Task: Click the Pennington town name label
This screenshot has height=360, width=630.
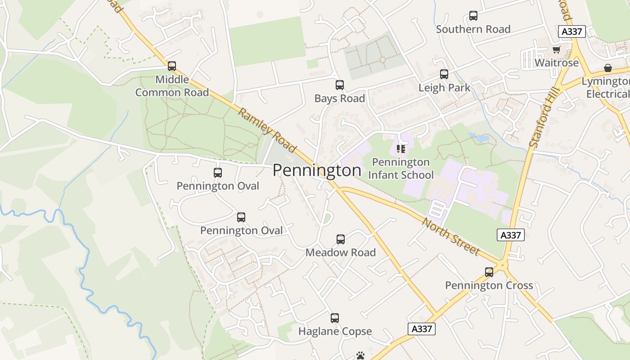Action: tap(317, 170)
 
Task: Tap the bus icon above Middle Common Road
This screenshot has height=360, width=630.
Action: tap(172, 66)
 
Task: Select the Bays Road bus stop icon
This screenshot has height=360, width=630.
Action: tap(340, 85)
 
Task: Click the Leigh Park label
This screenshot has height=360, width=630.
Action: tap(444, 88)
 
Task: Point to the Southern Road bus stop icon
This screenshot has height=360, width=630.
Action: tap(473, 16)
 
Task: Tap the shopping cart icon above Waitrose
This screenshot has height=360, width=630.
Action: tap(557, 50)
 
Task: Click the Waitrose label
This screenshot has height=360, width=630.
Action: tap(557, 63)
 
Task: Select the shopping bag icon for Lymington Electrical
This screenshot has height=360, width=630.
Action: tap(608, 68)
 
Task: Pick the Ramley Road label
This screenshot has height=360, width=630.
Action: tap(267, 130)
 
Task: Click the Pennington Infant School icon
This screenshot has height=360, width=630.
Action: tap(401, 149)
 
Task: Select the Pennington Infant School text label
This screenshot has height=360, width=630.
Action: tap(401, 168)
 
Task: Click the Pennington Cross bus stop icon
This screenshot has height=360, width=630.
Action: tap(489, 272)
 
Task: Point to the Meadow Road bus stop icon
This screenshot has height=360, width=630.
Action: tap(341, 239)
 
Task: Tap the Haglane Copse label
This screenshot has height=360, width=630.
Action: tap(335, 332)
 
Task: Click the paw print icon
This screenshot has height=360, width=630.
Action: tap(360, 355)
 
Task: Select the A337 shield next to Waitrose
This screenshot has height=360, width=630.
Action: tap(571, 31)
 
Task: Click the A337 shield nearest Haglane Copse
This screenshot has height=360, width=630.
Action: tap(422, 329)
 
